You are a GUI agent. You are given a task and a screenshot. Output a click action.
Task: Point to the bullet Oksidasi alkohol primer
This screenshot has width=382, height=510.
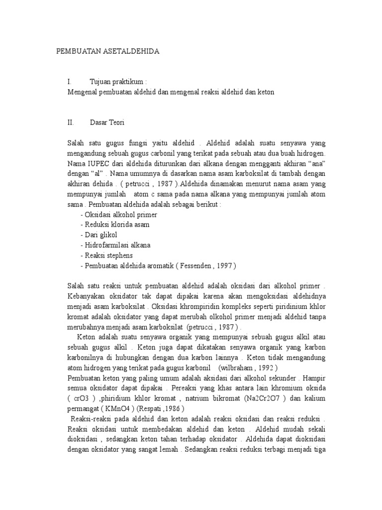tap(121, 214)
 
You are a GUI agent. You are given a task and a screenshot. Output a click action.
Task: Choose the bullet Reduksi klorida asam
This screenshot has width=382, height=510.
tap(117, 225)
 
